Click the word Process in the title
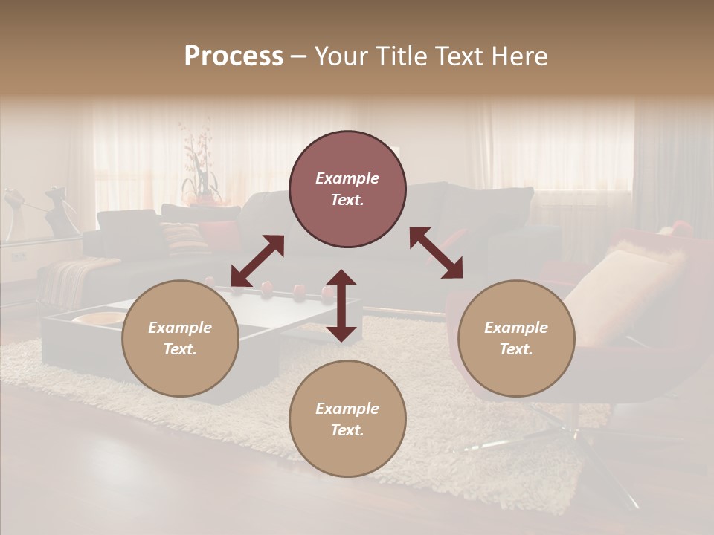click(x=234, y=56)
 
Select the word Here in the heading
click(x=521, y=56)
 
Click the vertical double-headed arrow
click(x=341, y=305)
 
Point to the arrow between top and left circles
click(x=257, y=261)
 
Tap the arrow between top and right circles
click(x=436, y=253)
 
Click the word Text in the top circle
click(x=347, y=200)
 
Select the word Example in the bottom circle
click(x=347, y=409)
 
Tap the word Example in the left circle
click(x=180, y=328)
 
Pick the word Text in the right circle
click(x=516, y=349)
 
